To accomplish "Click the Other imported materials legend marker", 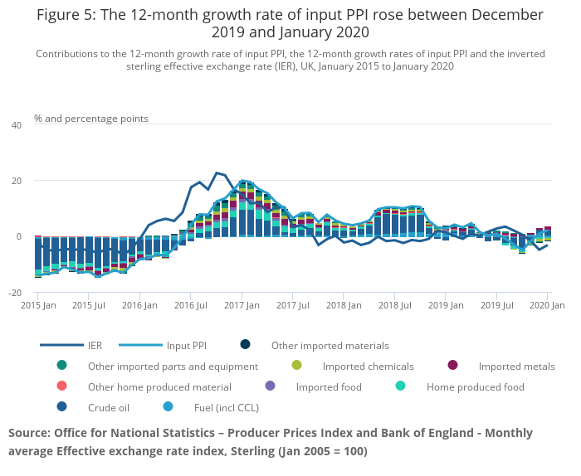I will [246, 345].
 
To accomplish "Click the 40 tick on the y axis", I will [17, 124].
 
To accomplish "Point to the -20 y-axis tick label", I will [15, 293].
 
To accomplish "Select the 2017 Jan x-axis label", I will [242, 306].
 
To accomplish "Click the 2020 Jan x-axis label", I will [547, 306].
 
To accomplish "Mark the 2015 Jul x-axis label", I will [89, 306].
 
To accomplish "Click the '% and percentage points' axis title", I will [91, 119].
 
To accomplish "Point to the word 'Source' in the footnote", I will [29, 433].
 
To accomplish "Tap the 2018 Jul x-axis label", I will [394, 306].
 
